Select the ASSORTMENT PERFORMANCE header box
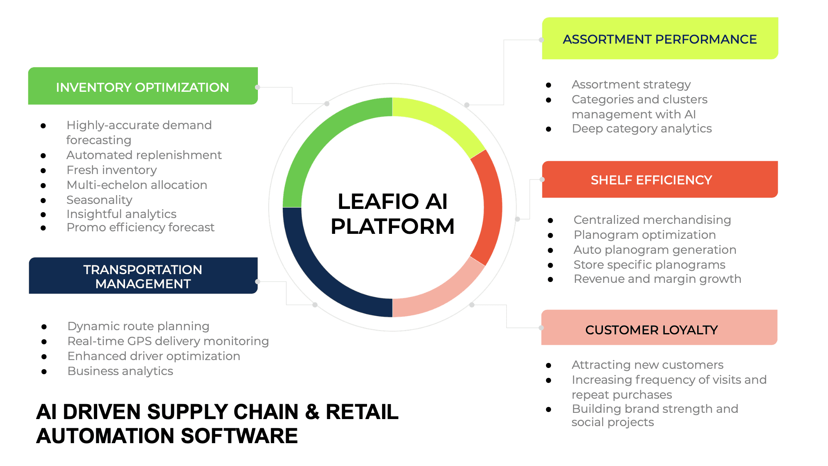[x=659, y=39]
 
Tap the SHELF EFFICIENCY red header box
[x=659, y=179]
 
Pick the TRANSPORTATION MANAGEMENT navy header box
[x=143, y=276]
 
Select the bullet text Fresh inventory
[x=112, y=170]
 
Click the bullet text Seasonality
[x=99, y=200]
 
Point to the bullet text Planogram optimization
[x=644, y=235]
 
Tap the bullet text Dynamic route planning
[x=138, y=326]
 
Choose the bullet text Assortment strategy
[x=631, y=84]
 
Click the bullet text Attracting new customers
[x=647, y=365]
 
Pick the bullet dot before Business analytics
[x=44, y=371]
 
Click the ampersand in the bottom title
[x=312, y=412]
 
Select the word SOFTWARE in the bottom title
[x=239, y=436]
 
